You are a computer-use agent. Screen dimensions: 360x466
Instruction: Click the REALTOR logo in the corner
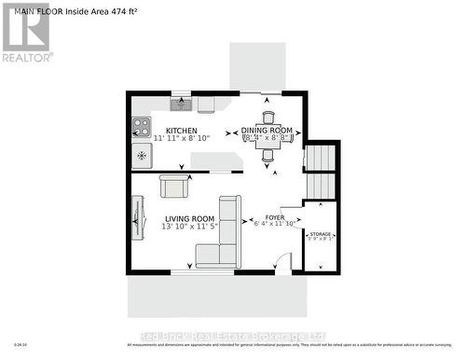pyautogui.click(x=26, y=32)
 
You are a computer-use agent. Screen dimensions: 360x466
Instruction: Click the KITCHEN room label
pyautogui.click(x=181, y=130)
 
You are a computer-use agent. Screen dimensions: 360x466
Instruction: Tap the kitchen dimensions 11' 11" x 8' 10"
pyautogui.click(x=187, y=138)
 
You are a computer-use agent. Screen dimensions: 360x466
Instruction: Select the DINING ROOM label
pyautogui.click(x=267, y=130)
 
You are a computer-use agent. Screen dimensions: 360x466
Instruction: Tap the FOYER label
pyautogui.click(x=274, y=216)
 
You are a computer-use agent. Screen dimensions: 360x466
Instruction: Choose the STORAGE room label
pyautogui.click(x=321, y=234)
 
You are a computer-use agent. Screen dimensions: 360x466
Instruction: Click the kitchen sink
pyautogui.click(x=180, y=104)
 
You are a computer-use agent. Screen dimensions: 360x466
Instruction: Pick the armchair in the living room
pyautogui.click(x=175, y=186)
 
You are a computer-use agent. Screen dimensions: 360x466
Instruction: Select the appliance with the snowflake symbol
pyautogui.click(x=142, y=155)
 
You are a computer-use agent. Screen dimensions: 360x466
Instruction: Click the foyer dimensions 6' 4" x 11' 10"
pyautogui.click(x=274, y=224)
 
